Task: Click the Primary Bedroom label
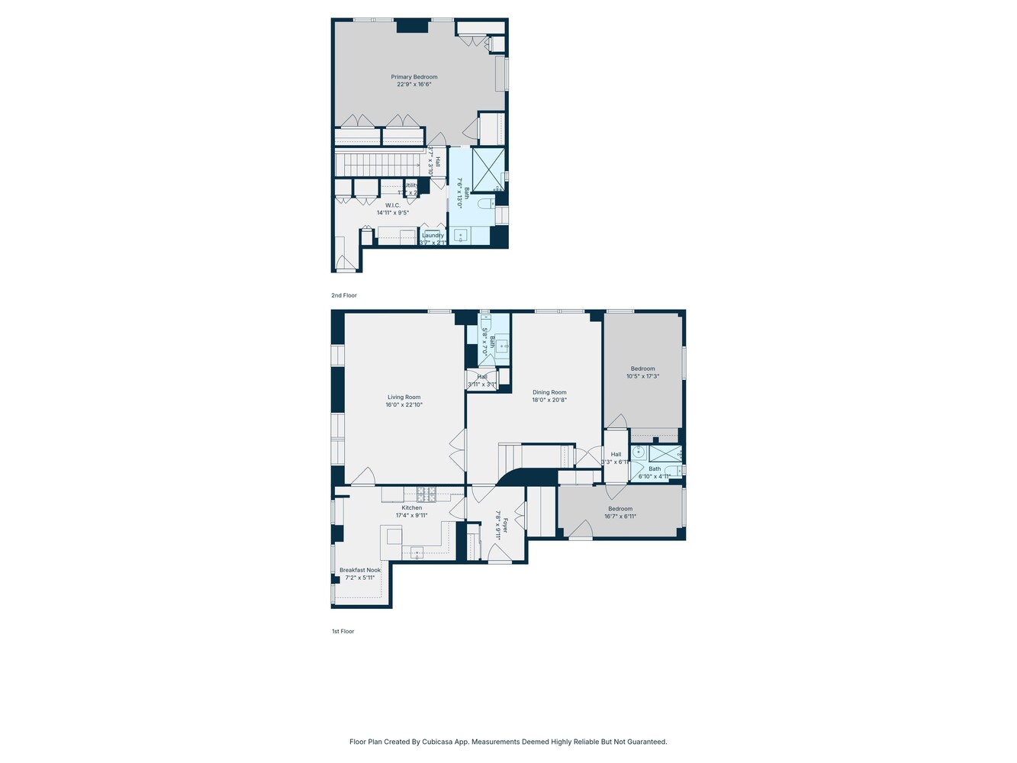tap(414, 77)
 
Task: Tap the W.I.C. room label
tap(393, 205)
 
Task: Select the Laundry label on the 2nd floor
tap(433, 236)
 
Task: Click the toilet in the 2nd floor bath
tap(484, 204)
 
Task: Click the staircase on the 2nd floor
tap(378, 163)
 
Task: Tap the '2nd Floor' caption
tap(344, 295)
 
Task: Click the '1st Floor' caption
tap(343, 632)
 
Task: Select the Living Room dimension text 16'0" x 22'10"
tap(404, 405)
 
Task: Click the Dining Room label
tap(549, 392)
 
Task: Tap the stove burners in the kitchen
tap(426, 494)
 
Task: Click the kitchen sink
tap(417, 552)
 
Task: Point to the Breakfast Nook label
tap(360, 570)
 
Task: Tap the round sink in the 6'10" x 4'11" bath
tap(639, 452)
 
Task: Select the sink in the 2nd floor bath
tap(460, 236)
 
